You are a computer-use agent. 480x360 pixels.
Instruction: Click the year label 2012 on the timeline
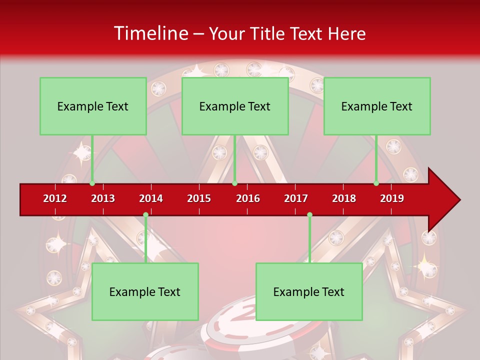55,198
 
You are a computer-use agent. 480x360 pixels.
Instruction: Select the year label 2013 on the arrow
103,198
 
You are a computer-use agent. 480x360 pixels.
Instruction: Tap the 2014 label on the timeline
151,198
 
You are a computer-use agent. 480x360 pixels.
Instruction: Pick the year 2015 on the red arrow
199,198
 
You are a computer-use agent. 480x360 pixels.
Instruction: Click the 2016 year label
248,198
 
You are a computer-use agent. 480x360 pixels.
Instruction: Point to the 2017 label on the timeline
296,198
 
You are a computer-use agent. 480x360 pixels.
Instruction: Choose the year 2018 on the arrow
344,198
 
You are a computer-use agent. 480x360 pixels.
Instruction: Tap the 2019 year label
392,198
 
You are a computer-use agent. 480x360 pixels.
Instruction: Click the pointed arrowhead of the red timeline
445,199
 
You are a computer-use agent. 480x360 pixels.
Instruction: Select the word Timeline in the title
150,33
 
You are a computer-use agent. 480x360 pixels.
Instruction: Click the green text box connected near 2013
93,106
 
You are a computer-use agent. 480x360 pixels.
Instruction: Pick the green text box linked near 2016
235,106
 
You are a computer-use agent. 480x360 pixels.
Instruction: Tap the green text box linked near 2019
377,106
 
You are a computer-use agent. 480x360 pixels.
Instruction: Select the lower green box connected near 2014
145,291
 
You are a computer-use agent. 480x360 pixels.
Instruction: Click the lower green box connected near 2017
309,291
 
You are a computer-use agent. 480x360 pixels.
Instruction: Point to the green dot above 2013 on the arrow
92,183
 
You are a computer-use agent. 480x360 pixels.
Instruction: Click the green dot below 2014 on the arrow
145,215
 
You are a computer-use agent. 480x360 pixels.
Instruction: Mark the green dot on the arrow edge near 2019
376,183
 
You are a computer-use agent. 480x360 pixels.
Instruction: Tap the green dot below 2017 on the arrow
309,215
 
